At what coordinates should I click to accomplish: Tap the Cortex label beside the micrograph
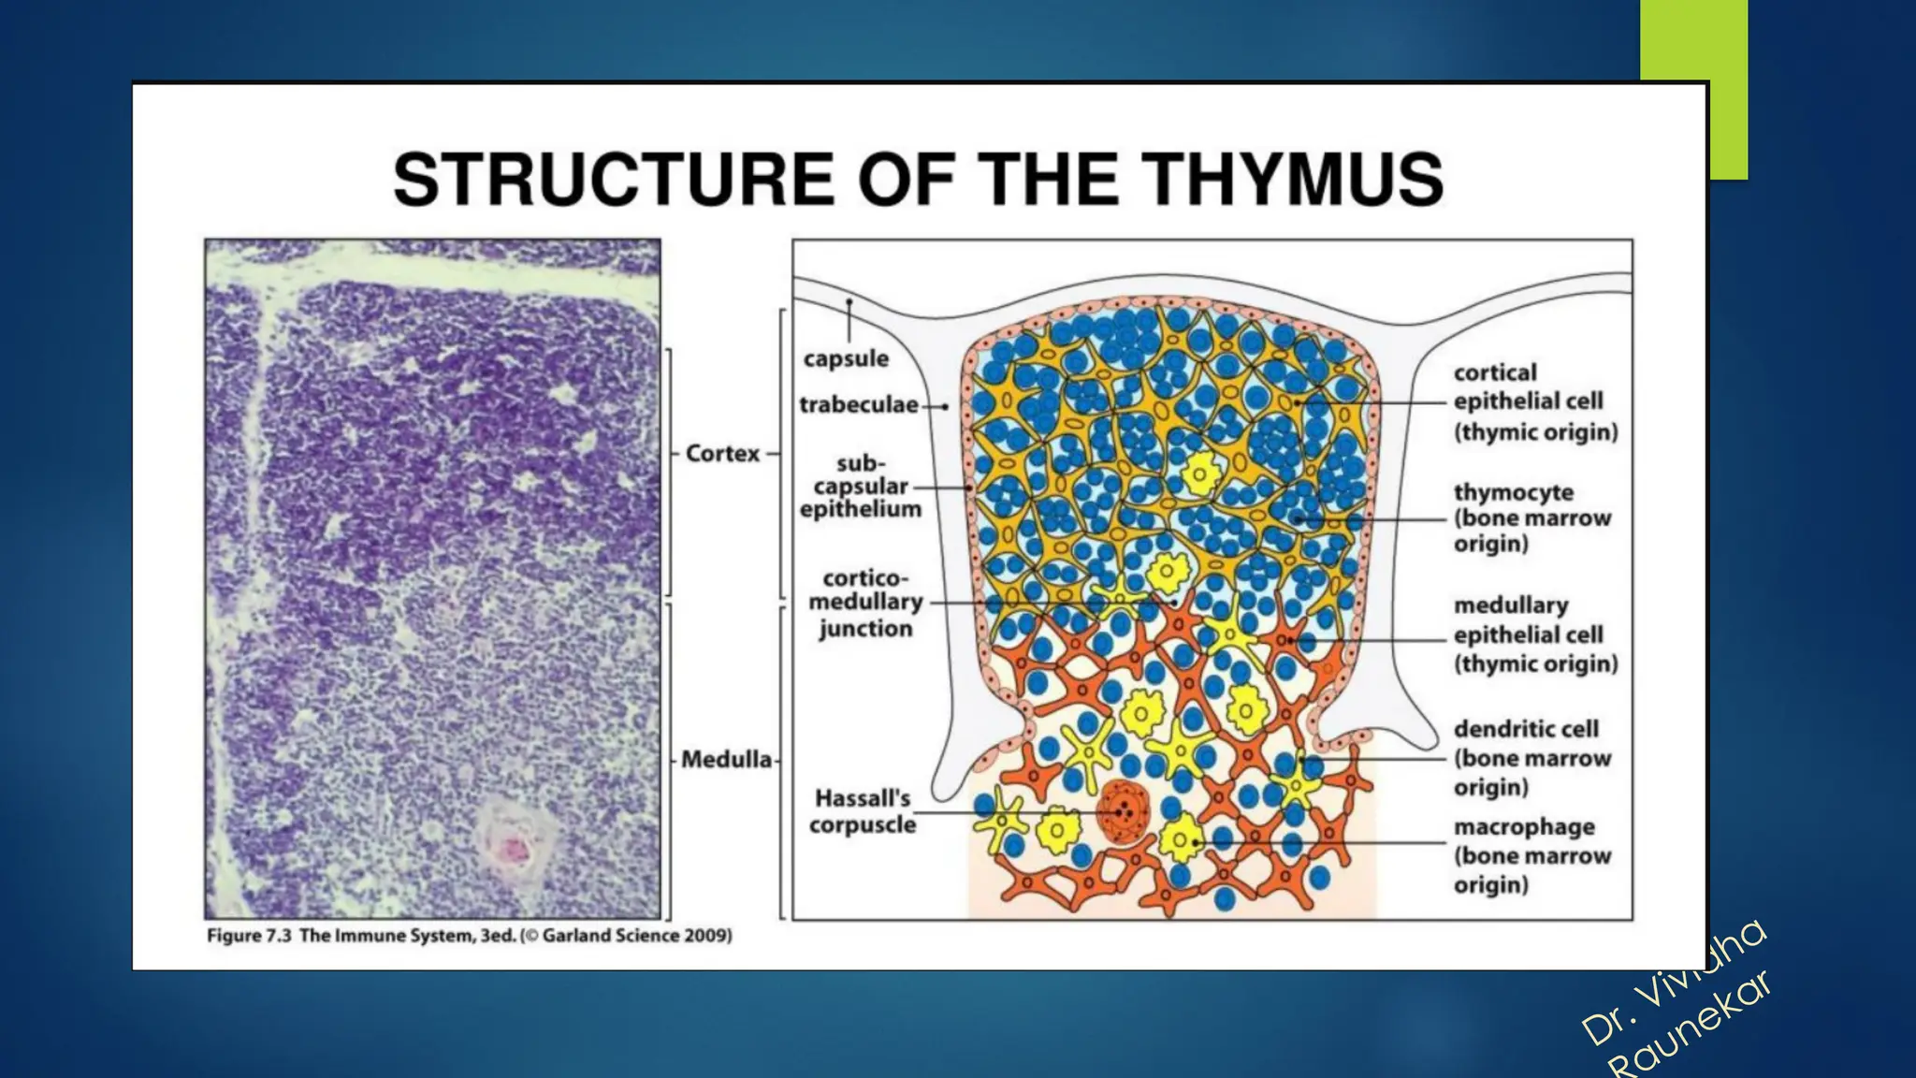pos(722,454)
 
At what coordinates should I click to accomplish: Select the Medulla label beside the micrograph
pos(726,759)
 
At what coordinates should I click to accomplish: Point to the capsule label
pos(846,358)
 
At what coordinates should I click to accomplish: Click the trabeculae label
pos(858,405)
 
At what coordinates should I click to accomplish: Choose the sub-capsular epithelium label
pos(860,487)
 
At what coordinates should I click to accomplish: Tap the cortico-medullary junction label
pos(865,604)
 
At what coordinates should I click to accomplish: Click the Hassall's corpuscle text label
pos(862,811)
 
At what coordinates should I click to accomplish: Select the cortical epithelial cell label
pos(1534,402)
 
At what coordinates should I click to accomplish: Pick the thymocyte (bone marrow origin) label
pos(1531,518)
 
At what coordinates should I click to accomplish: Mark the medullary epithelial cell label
pos(1534,634)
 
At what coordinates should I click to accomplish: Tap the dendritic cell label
pos(1531,758)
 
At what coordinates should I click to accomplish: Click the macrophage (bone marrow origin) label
pos(1531,855)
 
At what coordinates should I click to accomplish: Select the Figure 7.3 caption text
pos(341,936)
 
